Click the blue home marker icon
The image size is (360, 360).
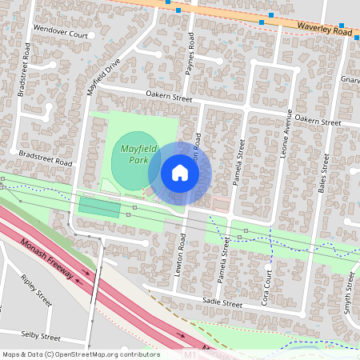[180, 173]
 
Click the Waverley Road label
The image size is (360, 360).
[324, 30]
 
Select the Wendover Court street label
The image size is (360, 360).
[60, 34]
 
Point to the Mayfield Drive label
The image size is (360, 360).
[103, 76]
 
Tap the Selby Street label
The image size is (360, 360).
[40, 338]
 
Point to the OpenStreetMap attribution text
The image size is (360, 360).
[81, 354]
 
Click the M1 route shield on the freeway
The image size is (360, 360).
[190, 353]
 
